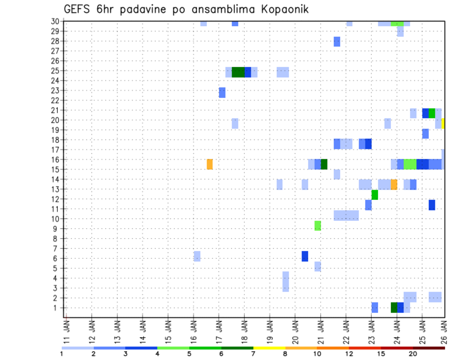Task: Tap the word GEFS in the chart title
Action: tap(78, 9)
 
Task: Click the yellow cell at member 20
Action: tap(443, 123)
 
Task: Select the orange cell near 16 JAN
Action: tap(210, 164)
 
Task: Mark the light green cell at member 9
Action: tap(317, 226)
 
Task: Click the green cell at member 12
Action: tap(375, 195)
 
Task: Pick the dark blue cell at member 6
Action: tap(305, 256)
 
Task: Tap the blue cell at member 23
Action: tap(222, 92)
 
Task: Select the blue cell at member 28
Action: tap(337, 42)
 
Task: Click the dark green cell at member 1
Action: tap(394, 308)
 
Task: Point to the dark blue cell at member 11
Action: tap(432, 205)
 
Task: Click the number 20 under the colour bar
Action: tap(413, 354)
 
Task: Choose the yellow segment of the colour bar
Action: tap(269, 348)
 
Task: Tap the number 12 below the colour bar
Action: tap(349, 354)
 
